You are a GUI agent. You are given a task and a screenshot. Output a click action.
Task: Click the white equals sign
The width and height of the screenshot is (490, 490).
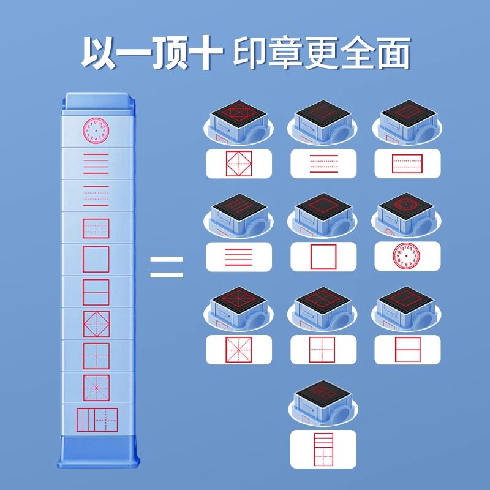pos(167,266)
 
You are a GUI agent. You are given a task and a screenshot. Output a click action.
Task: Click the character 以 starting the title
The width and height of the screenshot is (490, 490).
pos(101,54)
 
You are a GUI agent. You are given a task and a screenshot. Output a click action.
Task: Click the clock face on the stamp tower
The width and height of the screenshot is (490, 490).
pos(96,130)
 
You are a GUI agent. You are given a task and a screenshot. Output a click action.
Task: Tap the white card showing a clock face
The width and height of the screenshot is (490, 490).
pos(407,257)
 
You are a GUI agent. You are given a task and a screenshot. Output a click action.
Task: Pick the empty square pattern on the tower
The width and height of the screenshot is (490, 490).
pos(96,259)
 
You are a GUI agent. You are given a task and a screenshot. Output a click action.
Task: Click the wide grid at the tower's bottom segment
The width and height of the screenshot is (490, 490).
pos(96,420)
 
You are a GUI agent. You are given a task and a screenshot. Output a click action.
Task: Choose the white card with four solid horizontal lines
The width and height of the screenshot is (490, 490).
pos(238,257)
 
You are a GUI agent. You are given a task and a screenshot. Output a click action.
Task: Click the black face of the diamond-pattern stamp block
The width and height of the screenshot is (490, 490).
pos(238,111)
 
